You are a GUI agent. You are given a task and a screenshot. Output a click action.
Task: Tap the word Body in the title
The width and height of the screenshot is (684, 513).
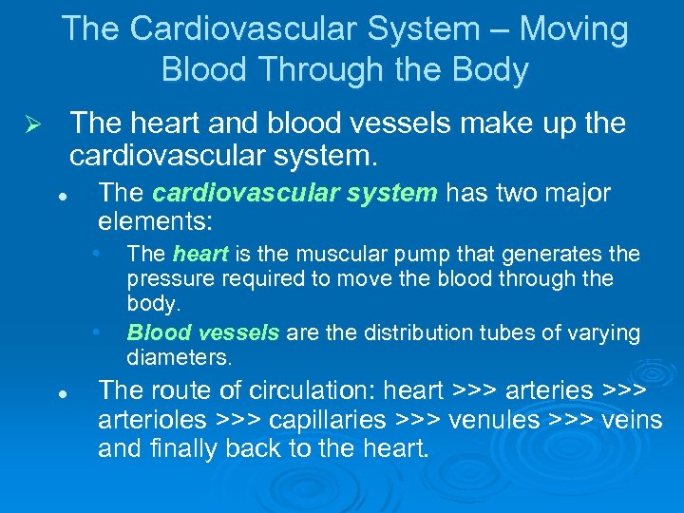(x=493, y=70)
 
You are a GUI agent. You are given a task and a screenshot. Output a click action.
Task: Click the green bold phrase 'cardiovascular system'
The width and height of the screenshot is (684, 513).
(x=294, y=193)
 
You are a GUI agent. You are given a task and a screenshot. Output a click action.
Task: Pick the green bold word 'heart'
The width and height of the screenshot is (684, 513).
(x=200, y=254)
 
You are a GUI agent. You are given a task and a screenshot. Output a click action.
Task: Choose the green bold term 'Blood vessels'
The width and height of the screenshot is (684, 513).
(x=203, y=333)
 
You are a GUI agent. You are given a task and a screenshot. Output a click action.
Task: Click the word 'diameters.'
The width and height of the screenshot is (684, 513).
(x=179, y=359)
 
